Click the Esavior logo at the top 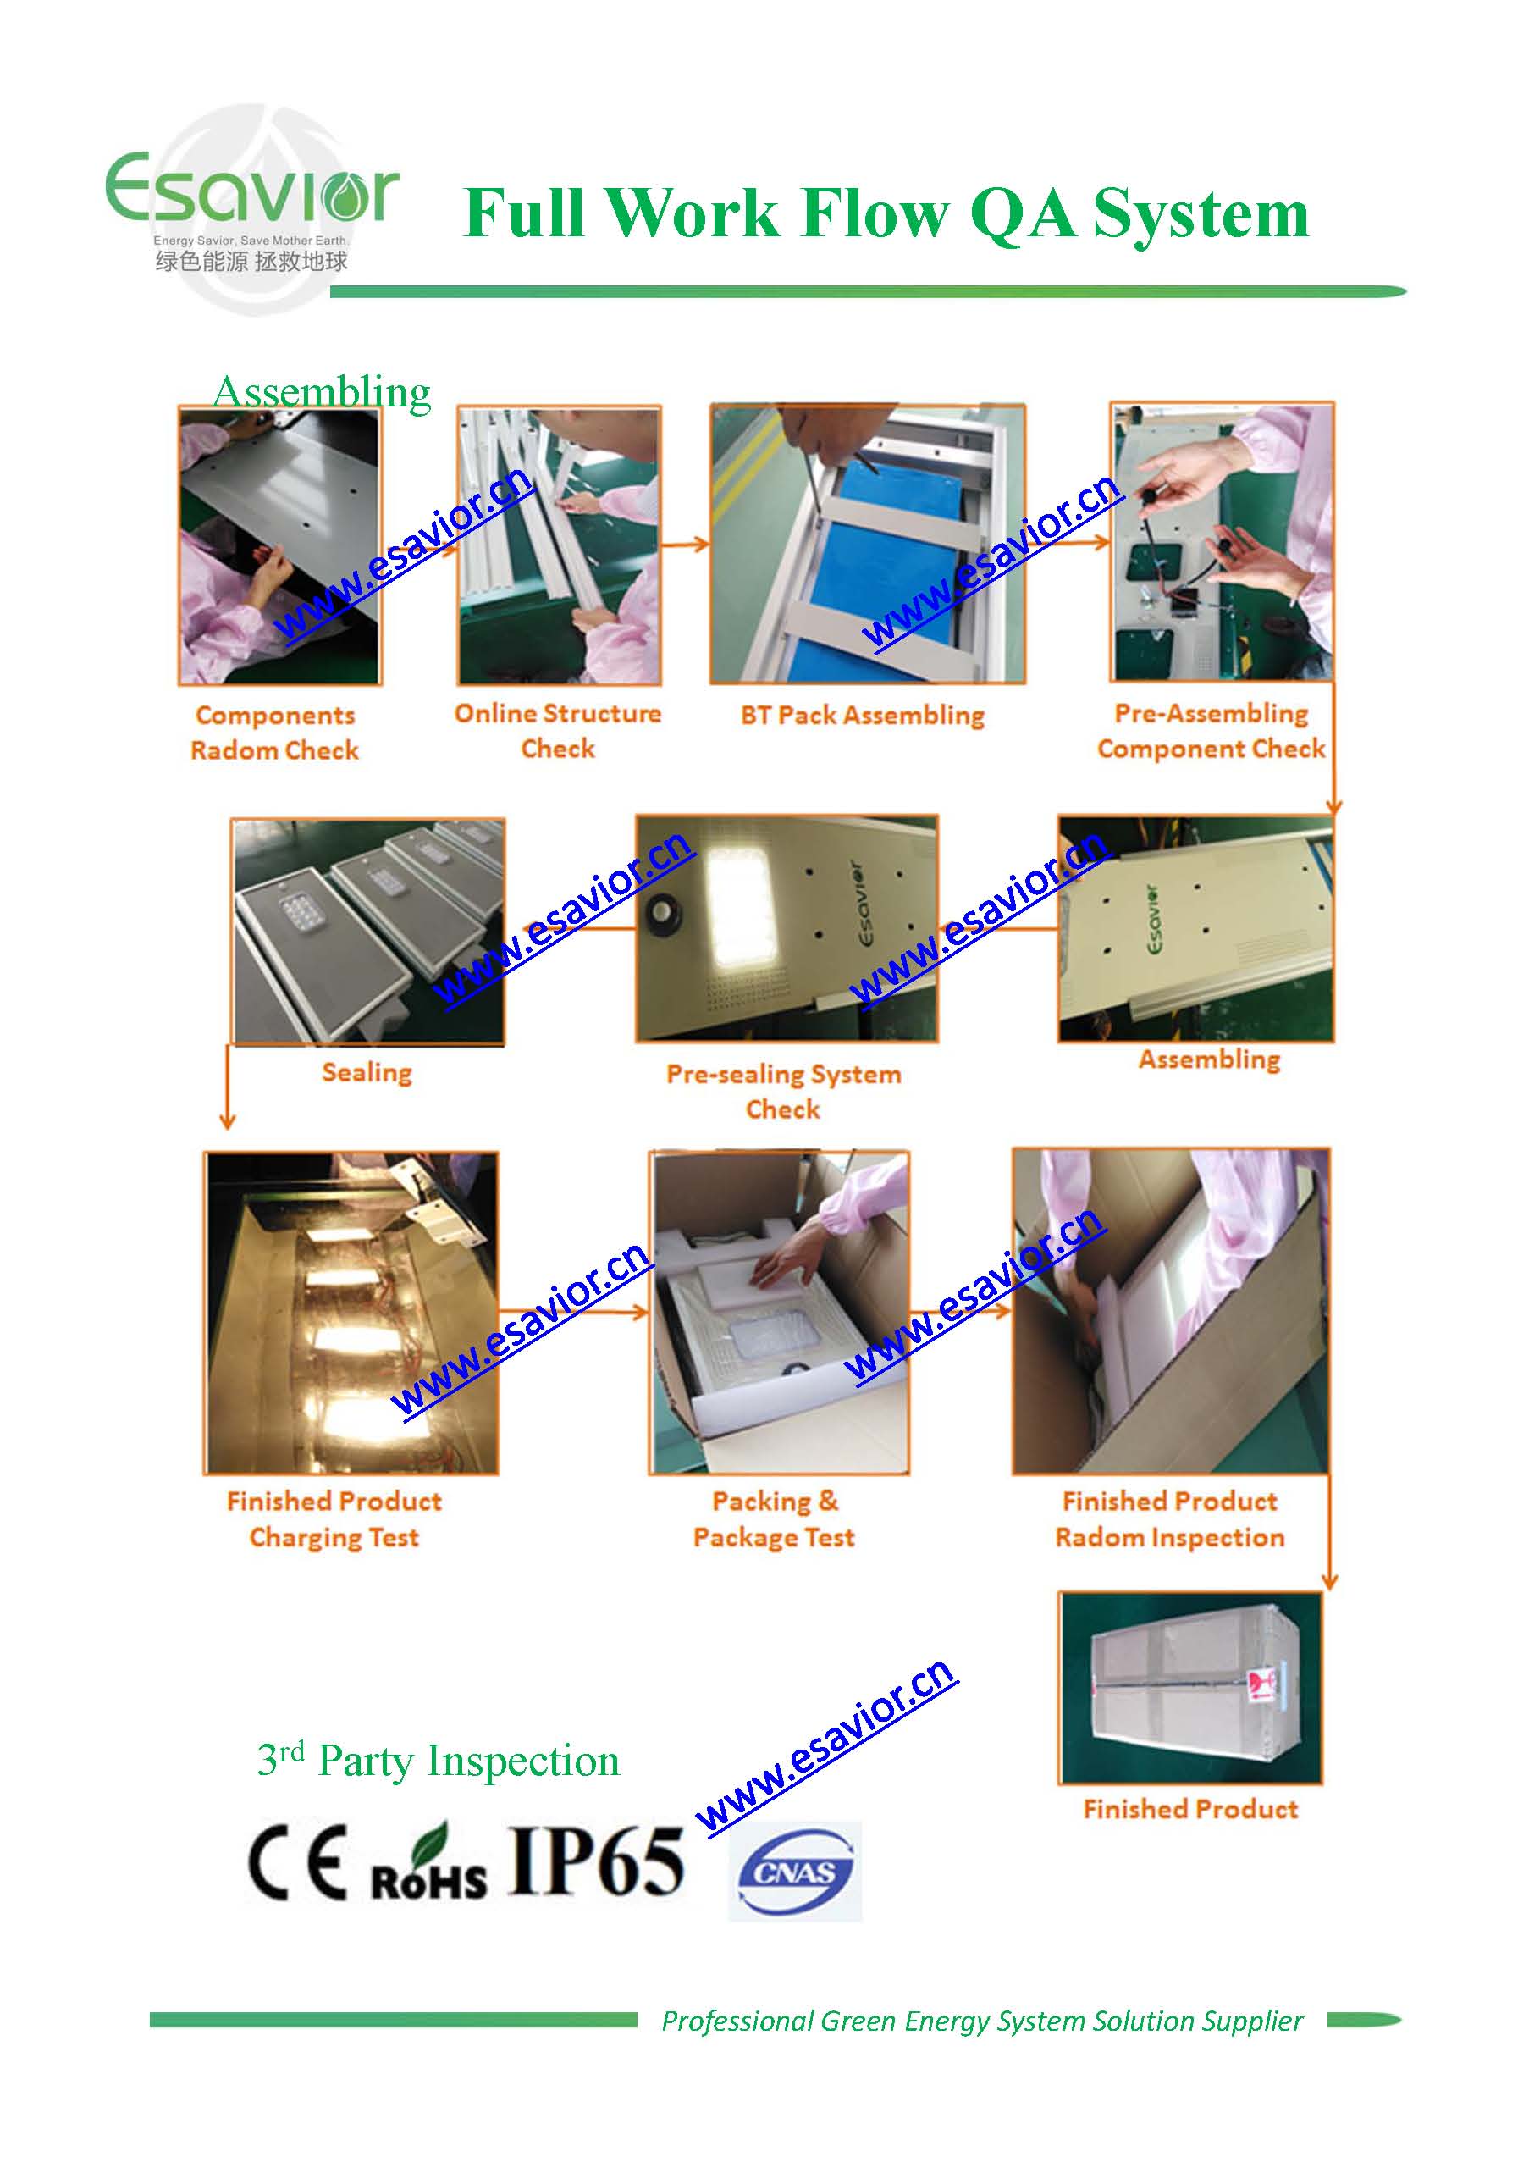tap(252, 209)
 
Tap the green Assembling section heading tap(323, 391)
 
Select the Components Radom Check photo tap(279, 545)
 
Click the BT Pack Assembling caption tap(863, 716)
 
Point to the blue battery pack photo tap(867, 543)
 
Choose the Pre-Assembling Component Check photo tap(1223, 542)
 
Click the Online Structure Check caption tap(558, 731)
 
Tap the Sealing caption tap(367, 1072)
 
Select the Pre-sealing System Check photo tap(787, 928)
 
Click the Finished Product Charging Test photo tap(351, 1313)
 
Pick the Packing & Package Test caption tap(775, 1519)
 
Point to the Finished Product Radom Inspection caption tap(1170, 1519)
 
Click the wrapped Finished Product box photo tap(1191, 1689)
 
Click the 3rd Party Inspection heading tap(439, 1761)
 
